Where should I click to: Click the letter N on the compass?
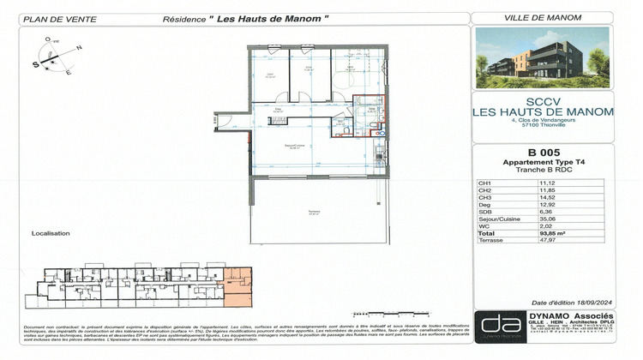pos(79,48)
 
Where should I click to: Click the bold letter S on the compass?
pos(37,63)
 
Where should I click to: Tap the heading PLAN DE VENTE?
pos(53,17)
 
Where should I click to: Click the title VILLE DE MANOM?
pos(544,17)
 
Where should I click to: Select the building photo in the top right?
pos(542,58)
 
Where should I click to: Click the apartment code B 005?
pos(544,153)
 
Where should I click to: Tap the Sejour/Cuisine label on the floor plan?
pos(296,147)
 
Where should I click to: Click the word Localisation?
pos(51,233)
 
